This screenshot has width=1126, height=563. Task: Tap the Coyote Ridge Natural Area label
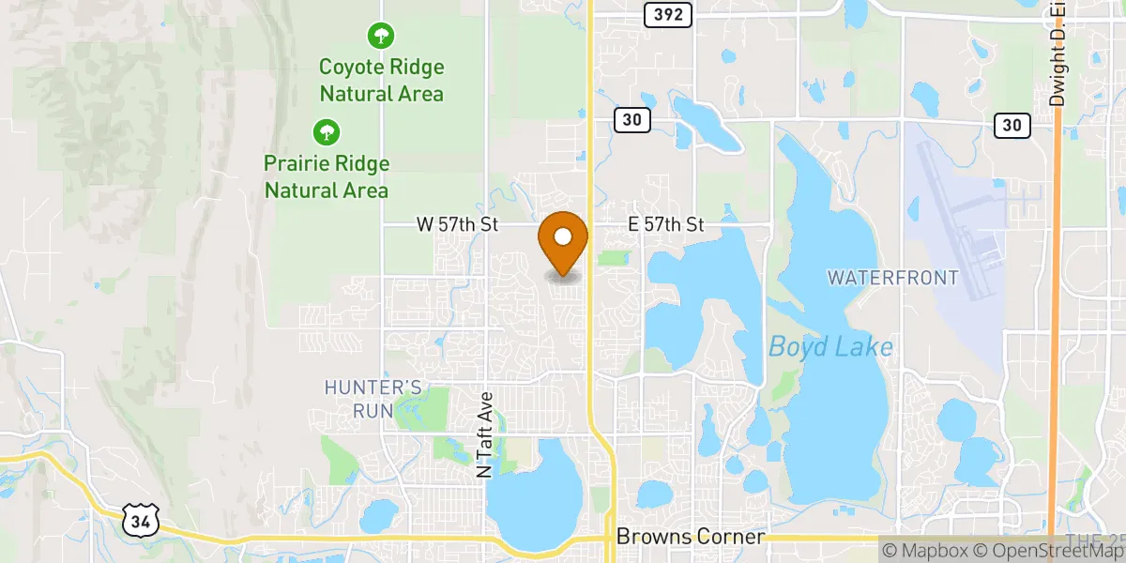(x=381, y=81)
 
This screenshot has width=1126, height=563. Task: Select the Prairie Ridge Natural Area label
(x=326, y=176)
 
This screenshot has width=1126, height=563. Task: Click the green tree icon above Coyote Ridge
(x=380, y=37)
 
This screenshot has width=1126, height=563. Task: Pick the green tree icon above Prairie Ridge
(x=326, y=131)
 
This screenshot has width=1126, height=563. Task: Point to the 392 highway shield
(x=669, y=14)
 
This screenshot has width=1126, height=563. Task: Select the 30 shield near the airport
(x=1012, y=125)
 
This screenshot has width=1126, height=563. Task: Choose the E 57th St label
(x=665, y=224)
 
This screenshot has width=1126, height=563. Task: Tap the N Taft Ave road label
(x=484, y=435)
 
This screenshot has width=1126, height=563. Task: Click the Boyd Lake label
(x=830, y=347)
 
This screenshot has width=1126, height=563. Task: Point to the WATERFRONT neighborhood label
(x=892, y=278)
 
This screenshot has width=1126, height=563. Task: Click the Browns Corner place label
(x=691, y=538)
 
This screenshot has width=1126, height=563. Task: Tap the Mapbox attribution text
(x=920, y=551)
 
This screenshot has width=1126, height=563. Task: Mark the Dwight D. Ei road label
(x=1058, y=56)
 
